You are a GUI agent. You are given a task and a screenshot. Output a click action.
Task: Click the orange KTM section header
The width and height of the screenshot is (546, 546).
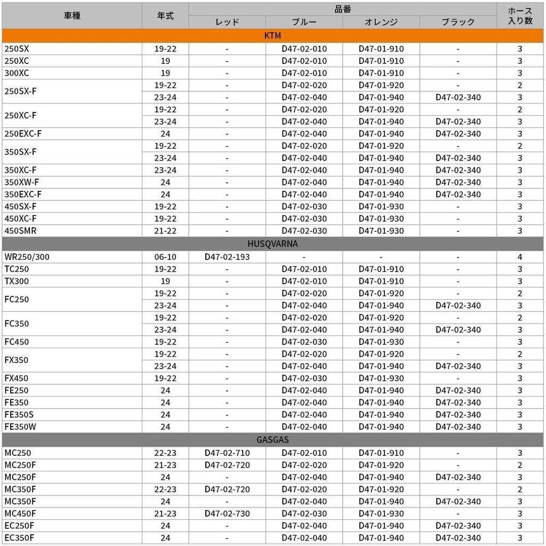pos(272,36)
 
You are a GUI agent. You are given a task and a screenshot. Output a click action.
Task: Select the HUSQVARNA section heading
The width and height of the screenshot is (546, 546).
pos(272,244)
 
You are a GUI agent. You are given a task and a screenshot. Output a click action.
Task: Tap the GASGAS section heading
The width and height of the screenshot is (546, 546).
pos(272,440)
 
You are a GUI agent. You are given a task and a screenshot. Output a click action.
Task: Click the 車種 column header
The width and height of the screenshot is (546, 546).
pos(72,15)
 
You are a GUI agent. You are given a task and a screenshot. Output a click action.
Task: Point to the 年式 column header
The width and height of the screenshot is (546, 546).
pos(165,15)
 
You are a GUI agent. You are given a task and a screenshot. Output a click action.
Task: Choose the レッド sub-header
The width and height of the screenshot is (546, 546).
pos(227,22)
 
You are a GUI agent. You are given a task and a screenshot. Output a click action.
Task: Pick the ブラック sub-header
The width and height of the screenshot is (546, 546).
pos(458,22)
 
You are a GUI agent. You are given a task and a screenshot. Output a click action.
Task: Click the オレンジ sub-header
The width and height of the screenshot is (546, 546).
pos(381,22)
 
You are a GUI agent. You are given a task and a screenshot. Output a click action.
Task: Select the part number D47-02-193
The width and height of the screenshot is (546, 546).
pos(227,256)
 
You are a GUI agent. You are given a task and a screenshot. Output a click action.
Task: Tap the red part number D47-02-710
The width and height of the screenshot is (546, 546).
pos(227,453)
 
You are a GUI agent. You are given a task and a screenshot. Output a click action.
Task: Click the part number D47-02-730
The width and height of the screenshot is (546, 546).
pos(227,513)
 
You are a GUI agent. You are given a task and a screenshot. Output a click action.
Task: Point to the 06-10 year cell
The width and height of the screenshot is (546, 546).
pos(165,256)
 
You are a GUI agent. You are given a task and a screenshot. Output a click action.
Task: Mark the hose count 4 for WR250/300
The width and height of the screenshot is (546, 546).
pos(520,256)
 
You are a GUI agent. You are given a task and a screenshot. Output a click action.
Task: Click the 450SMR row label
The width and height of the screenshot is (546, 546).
pos(20,230)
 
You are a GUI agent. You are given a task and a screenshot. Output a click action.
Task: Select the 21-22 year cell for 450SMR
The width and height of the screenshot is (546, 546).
pos(165,230)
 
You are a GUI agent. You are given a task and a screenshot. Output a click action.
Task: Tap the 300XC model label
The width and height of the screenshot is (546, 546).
pos(17,73)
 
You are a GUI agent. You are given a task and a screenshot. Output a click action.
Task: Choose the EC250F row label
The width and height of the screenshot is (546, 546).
pos(19,526)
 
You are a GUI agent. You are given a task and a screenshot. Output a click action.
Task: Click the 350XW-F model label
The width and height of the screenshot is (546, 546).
pos(21,182)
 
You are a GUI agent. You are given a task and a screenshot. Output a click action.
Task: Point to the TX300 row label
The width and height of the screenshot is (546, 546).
pos(17,281)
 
